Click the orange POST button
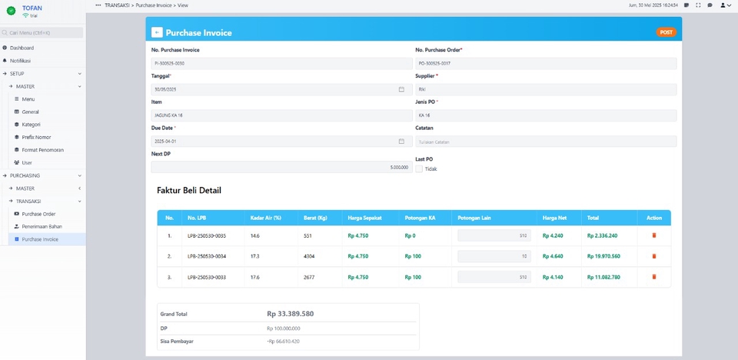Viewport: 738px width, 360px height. click(666, 32)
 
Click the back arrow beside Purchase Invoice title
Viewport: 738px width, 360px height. click(157, 33)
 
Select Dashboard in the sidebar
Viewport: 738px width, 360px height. click(22, 48)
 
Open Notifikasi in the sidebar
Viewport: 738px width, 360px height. click(21, 60)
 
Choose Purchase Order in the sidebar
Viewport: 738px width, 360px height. click(38, 214)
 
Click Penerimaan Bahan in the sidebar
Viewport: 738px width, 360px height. click(42, 226)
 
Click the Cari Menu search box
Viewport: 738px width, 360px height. click(42, 33)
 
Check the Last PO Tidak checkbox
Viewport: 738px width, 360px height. click(419, 168)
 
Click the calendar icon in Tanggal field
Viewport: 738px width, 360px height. click(401, 89)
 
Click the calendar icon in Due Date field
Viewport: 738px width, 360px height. click(401, 142)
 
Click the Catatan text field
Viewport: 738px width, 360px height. click(546, 142)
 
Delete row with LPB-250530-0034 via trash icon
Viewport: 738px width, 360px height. click(653, 255)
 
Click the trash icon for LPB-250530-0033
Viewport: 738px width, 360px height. click(653, 276)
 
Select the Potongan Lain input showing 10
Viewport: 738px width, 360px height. click(494, 255)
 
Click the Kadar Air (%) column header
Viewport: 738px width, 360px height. click(266, 218)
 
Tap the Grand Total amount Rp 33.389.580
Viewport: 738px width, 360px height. click(290, 314)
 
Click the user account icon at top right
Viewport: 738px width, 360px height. click(724, 5)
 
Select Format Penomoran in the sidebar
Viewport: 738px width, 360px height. click(43, 149)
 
